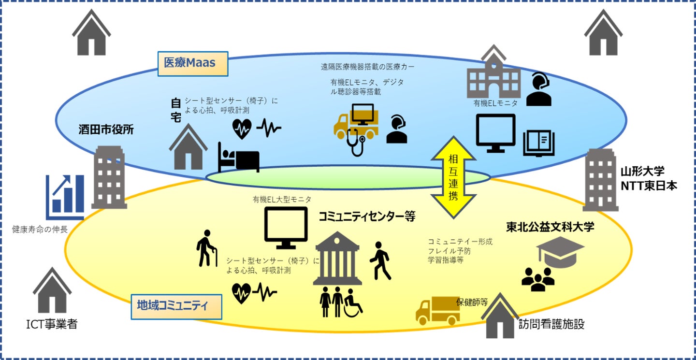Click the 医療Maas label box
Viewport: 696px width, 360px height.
tap(193, 63)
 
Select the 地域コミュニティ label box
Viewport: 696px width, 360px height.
tap(176, 306)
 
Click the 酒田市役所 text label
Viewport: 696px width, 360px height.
tap(106, 129)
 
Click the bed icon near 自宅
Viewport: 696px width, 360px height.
tap(238, 158)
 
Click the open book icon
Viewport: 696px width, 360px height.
tap(539, 144)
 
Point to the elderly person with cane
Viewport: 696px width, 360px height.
tap(206, 249)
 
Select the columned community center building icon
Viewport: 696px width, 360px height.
tap(337, 259)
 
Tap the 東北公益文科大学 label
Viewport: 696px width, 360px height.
tap(550, 227)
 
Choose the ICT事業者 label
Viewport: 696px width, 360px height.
tap(51, 324)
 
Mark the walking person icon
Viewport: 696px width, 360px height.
tap(380, 260)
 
